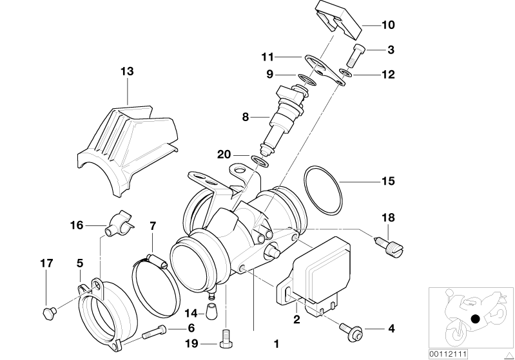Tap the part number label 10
click(x=388, y=26)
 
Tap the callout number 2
click(x=296, y=317)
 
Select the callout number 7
click(x=152, y=226)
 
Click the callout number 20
click(x=224, y=155)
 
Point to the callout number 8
click(x=245, y=117)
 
